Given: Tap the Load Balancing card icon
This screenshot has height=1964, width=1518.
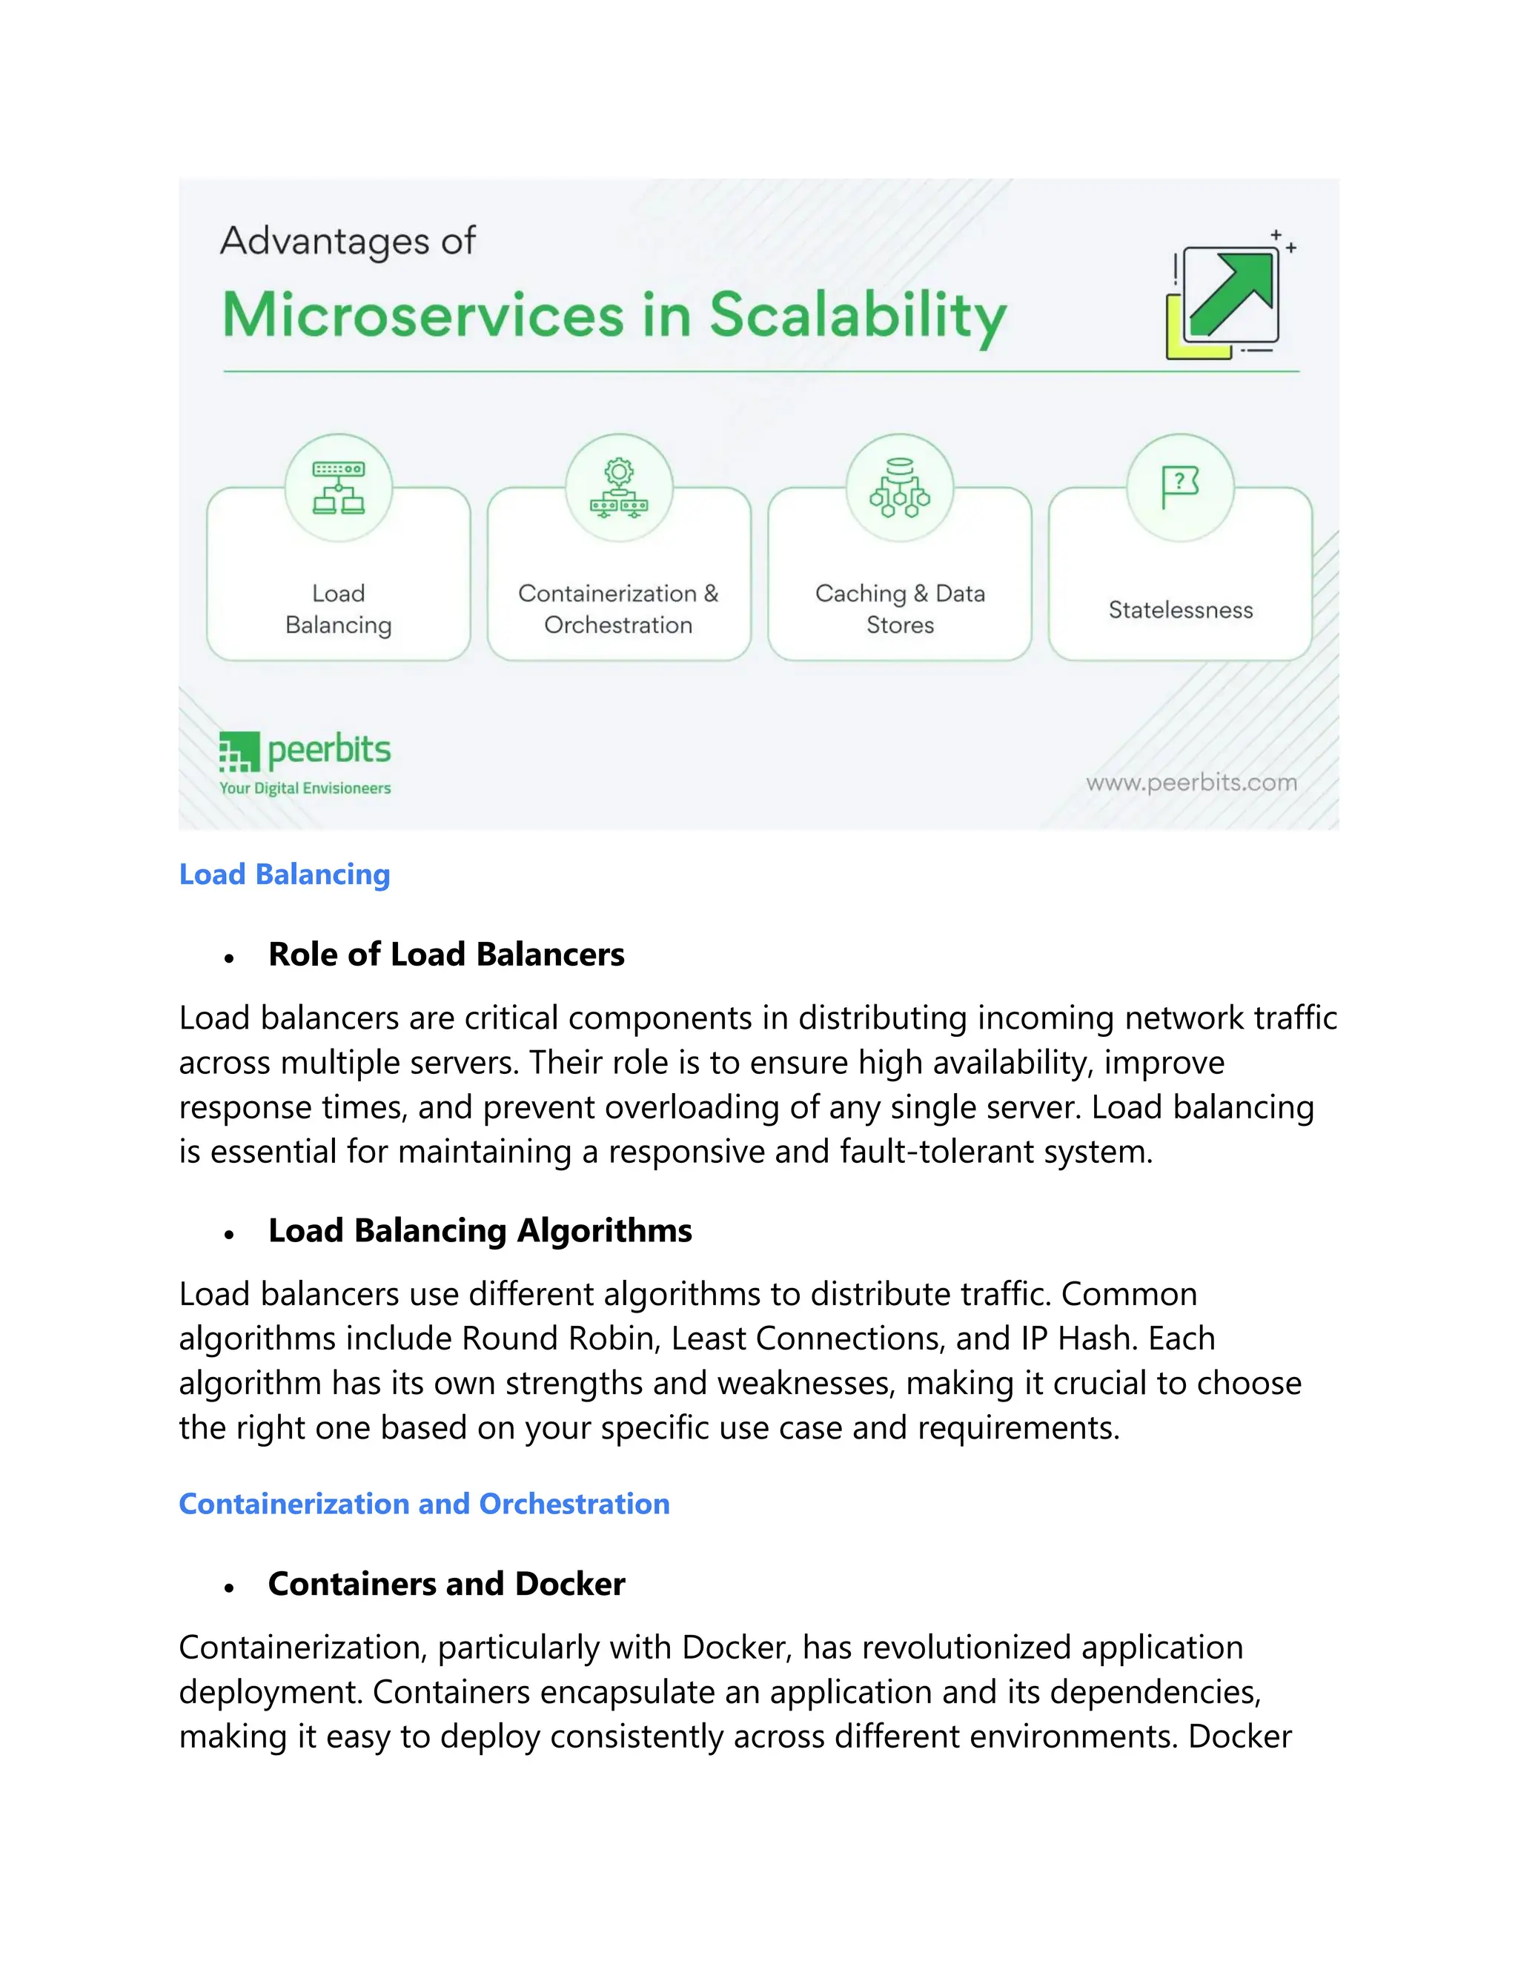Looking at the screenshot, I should (x=338, y=488).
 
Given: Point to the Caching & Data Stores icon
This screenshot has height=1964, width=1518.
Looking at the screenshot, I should (x=899, y=488).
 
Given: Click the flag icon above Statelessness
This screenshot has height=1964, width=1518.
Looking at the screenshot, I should (x=1180, y=486).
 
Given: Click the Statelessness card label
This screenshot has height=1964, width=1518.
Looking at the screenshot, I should (x=1180, y=610).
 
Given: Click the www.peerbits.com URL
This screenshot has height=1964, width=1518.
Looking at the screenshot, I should (x=1192, y=783).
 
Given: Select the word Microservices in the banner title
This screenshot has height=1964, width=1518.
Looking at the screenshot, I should (x=422, y=316).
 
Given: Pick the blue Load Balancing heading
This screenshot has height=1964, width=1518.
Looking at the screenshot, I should (x=284, y=874).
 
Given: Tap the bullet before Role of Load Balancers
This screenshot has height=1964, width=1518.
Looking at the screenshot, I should (x=229, y=958).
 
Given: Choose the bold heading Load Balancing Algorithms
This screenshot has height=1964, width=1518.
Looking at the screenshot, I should (x=480, y=1230).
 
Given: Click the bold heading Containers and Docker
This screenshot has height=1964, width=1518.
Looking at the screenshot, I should (x=446, y=1584).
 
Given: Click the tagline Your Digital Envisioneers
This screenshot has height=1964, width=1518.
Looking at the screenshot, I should (x=305, y=789).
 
